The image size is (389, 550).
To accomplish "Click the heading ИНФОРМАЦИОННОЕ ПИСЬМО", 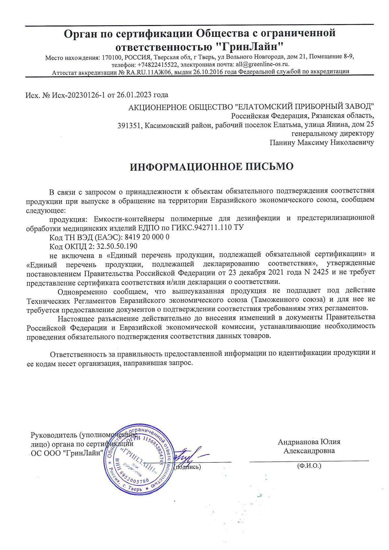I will click(x=211, y=167).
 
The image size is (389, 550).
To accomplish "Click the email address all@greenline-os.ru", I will click(x=263, y=64).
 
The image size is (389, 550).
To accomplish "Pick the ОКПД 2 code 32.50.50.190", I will click(x=116, y=246).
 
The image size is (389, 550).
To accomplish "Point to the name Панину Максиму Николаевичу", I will click(x=322, y=142).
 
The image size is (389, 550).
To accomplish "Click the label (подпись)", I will click(x=187, y=467).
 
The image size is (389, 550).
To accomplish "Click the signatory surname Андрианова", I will click(x=298, y=442).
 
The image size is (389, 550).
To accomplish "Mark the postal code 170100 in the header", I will click(x=111, y=57).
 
